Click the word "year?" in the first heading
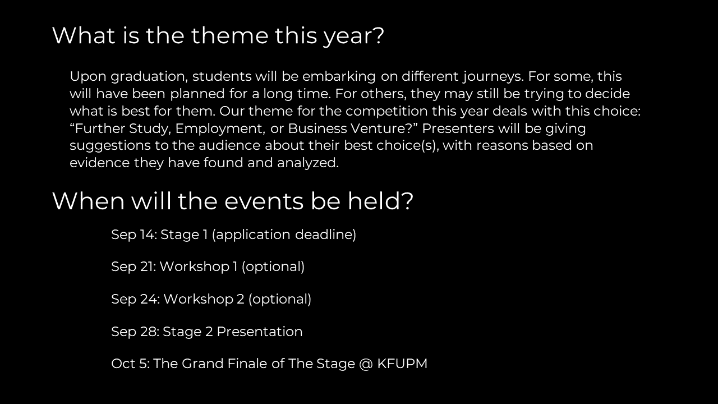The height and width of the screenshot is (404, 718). tap(353, 36)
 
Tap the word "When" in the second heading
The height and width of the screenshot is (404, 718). tap(88, 201)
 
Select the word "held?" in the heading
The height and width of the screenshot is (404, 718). tap(381, 201)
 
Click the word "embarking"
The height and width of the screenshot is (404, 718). tap(339, 77)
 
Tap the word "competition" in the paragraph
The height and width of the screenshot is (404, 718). tap(386, 111)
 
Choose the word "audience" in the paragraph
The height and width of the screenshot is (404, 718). tap(229, 145)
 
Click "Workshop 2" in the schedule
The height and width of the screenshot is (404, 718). tap(204, 299)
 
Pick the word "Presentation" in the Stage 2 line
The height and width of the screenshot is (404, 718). tap(260, 332)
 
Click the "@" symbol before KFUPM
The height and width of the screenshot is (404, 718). tap(366, 364)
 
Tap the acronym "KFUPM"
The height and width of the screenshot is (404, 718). tap(402, 364)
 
